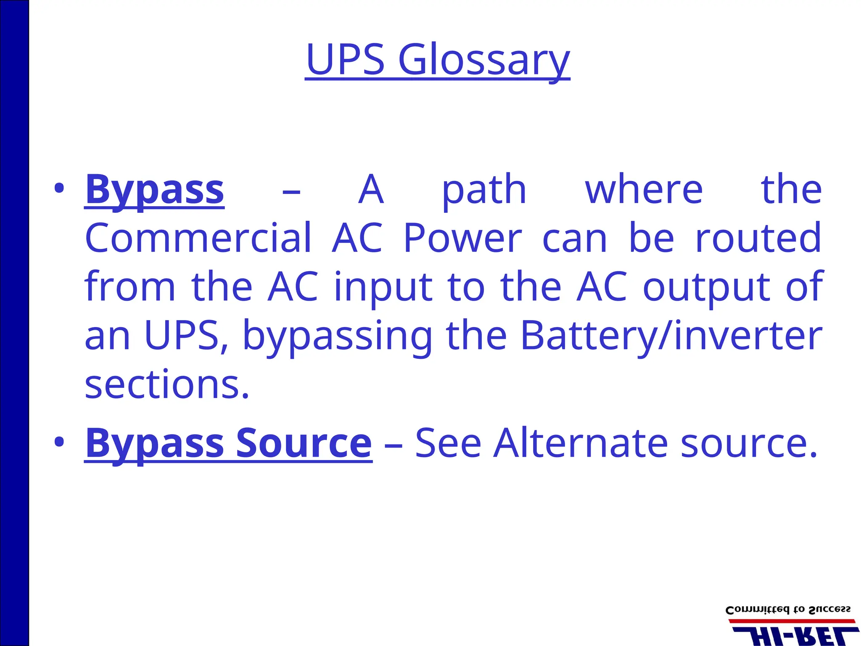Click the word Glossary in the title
coord(483,60)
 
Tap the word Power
coord(462,238)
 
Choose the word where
coord(644,190)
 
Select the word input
coord(383,288)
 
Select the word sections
coord(167,384)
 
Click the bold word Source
coord(304,443)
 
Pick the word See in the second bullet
coord(448,443)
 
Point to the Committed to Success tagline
coord(788,610)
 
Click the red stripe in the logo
coord(791,621)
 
